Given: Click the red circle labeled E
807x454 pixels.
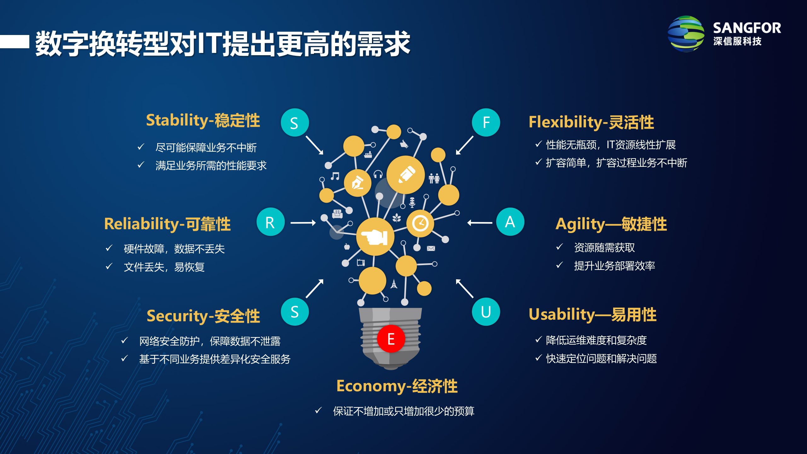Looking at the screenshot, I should click(391, 339).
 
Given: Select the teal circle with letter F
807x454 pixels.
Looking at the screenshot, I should click(486, 122).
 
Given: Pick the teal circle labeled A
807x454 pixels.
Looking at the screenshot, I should click(510, 222).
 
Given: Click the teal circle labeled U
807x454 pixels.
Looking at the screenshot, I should click(486, 311).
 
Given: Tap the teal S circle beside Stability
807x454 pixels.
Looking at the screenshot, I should click(295, 123).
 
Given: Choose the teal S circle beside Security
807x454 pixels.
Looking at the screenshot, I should click(295, 311).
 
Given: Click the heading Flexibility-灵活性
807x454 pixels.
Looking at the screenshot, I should click(591, 122).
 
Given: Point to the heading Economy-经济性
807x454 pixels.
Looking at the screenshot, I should click(397, 386).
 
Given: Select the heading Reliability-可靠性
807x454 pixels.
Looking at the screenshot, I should click(167, 224).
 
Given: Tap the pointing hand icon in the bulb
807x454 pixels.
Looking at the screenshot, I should click(375, 237).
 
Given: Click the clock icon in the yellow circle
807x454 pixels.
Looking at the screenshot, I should click(420, 224).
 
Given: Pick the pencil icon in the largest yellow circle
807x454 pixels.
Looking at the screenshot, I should click(406, 175).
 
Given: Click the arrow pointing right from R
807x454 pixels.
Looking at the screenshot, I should click(303, 223).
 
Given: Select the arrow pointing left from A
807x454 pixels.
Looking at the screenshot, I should click(480, 223).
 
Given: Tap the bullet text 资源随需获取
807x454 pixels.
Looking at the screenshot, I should click(604, 248).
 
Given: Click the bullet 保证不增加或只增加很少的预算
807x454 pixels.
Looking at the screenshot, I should click(403, 411).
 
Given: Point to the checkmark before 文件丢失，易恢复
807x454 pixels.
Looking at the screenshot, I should click(109, 267).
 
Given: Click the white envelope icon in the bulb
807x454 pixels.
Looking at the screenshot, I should click(431, 248).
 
